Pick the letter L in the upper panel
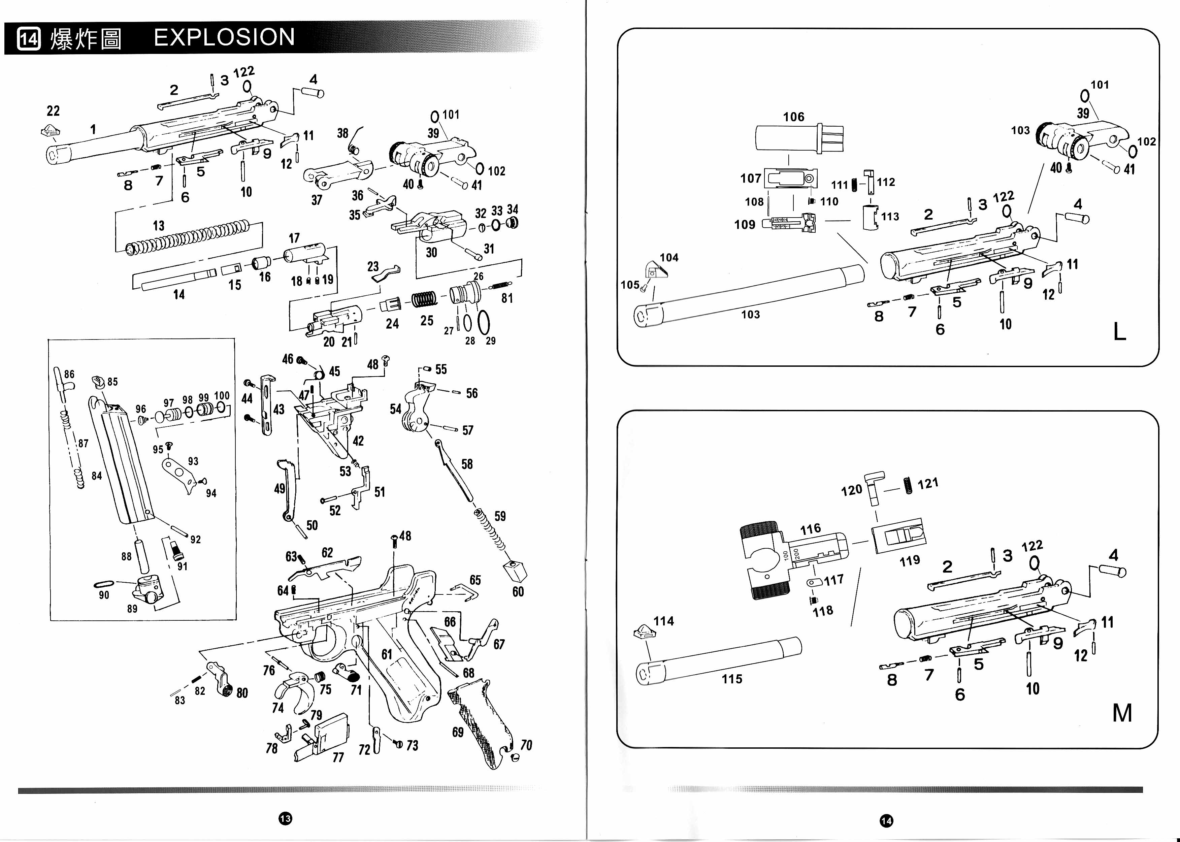(1120, 331)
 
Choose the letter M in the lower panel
(1122, 713)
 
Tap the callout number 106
(794, 117)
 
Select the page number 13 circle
(285, 818)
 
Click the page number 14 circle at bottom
(886, 820)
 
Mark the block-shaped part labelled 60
(515, 570)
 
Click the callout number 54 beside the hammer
(396, 410)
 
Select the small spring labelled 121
(908, 485)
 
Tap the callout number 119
(910, 560)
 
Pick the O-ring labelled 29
(483, 323)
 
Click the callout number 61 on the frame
(387, 654)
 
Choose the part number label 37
(317, 200)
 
